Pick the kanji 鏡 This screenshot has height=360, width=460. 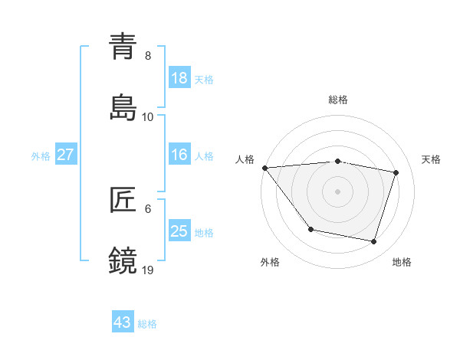[123, 260]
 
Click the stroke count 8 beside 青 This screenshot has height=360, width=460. [148, 56]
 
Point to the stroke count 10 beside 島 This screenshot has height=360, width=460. [148, 116]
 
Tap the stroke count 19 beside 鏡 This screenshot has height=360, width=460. [148, 270]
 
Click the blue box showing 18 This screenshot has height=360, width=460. [179, 78]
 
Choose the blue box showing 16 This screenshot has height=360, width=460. [179, 155]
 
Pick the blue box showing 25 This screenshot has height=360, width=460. [179, 231]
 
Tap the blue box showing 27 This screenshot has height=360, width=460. [65, 155]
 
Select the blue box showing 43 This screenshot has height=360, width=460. [122, 322]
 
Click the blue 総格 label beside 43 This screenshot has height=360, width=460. [147, 324]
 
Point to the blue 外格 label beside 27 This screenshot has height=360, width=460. [41, 156]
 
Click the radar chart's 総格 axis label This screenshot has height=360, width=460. [338, 100]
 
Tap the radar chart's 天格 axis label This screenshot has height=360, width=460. [431, 159]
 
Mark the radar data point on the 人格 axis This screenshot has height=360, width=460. [264, 168]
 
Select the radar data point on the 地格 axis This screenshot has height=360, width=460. [374, 241]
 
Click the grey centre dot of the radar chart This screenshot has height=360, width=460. [338, 191]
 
